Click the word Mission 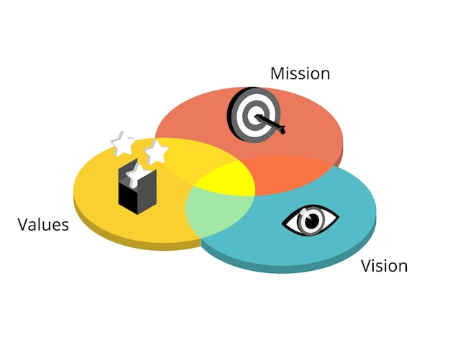(x=300, y=73)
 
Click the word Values (x=43, y=225)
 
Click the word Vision (x=384, y=267)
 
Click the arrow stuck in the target (x=276, y=126)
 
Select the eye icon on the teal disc (x=310, y=220)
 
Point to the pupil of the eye (x=311, y=221)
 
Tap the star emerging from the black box (x=134, y=173)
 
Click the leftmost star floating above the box (x=123, y=143)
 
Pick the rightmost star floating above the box (x=156, y=152)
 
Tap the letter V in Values (x=22, y=225)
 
